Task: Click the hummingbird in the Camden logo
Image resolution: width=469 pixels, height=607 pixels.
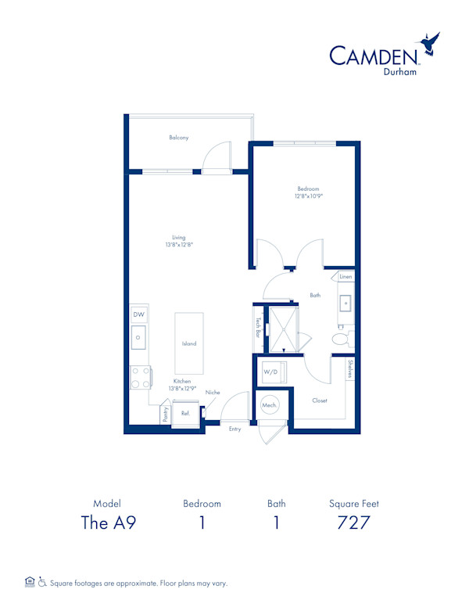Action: pos(428,43)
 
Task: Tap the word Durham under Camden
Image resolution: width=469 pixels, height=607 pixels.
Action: pos(399,72)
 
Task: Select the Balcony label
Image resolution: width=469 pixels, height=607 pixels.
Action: pos(179,138)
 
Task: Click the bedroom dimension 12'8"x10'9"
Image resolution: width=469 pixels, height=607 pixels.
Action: pos(309,196)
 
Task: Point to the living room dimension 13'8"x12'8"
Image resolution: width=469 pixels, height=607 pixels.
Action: pos(179,244)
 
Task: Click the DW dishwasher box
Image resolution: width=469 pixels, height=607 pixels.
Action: pos(138,314)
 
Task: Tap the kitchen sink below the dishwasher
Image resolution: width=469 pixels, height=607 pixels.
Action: pos(138,337)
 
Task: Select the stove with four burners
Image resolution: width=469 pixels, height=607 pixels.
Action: pos(141,378)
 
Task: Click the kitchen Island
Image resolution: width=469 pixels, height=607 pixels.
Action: pos(189,343)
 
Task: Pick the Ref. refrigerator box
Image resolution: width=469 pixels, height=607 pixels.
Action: pos(185,414)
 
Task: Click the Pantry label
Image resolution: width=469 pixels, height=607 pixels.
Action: pos(166,415)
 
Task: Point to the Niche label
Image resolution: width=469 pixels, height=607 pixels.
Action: pos(213,392)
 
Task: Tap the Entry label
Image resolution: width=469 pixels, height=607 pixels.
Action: pos(234,429)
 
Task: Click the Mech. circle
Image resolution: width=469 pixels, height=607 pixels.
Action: pos(270,405)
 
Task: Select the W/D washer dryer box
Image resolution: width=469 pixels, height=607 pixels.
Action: pos(274,372)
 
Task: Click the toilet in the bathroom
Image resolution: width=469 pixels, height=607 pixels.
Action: pos(342,339)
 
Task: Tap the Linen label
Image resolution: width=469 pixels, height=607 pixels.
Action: pos(345,276)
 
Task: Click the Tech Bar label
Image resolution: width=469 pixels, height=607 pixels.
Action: pos(258,328)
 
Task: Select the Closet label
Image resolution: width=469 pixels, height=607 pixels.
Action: pos(320,400)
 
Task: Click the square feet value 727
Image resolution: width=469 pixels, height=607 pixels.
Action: pos(353,523)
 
